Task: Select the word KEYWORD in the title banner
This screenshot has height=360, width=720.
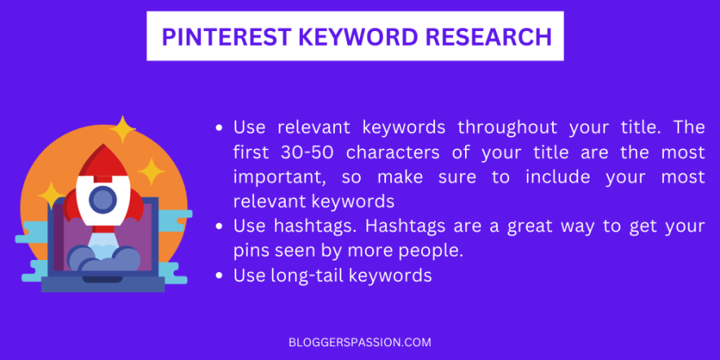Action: tap(343, 37)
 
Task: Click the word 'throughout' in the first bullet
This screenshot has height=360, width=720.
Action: tap(507, 128)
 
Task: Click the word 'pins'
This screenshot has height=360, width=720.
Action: tap(250, 251)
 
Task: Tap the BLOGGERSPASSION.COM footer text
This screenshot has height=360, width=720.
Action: tap(359, 342)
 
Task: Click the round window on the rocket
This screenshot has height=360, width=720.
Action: tap(102, 198)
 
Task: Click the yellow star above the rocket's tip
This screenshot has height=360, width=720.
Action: tap(123, 128)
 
